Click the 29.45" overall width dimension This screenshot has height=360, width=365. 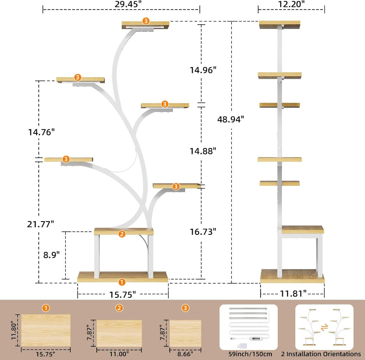point(128,4)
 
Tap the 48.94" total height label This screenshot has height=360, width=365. point(230,119)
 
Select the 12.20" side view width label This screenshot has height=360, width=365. point(291,4)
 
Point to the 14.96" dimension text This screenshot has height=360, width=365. point(203,70)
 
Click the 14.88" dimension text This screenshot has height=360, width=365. point(203,151)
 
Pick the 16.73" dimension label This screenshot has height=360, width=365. point(203,232)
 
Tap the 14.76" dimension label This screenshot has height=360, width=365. point(41,132)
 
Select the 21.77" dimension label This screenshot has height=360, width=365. point(41,224)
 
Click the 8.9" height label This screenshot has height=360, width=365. point(52,255)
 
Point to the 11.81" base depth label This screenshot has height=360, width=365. point(293,294)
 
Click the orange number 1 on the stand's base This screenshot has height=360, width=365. point(122,282)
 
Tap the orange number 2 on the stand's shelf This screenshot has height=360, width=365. point(122,234)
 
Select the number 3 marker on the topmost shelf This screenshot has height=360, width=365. point(146,21)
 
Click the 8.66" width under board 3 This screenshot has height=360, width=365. point(185,354)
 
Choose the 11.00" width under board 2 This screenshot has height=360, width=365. point(119,354)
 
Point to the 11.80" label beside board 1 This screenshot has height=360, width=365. point(14,330)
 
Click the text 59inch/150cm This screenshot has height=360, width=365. point(250,354)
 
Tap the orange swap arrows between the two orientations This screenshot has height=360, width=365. point(324,328)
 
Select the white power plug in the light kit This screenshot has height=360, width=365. point(242,345)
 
